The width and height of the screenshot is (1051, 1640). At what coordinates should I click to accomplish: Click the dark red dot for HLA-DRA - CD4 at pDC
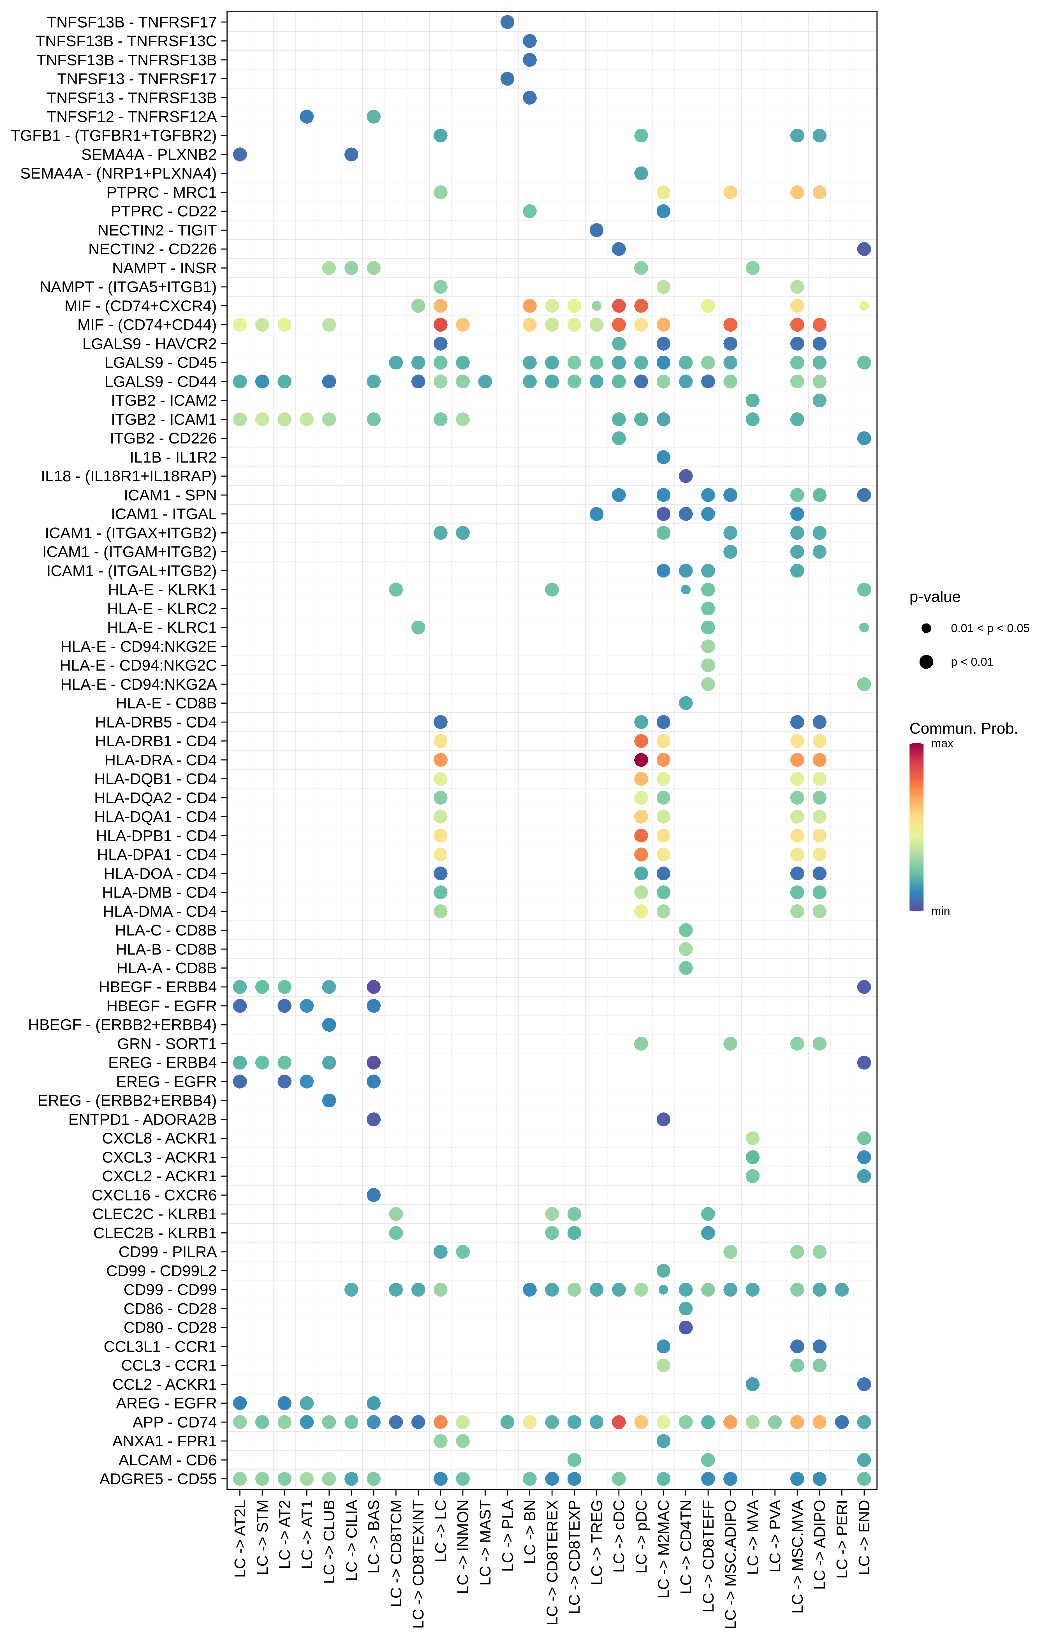pyautogui.click(x=641, y=760)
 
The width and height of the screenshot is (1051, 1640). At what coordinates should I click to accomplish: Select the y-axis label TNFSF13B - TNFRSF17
pyautogui.click(x=132, y=22)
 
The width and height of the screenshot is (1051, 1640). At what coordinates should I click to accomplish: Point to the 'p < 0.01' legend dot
pyautogui.click(x=926, y=661)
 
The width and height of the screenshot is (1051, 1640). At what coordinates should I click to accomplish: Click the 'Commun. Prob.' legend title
pyautogui.click(x=963, y=728)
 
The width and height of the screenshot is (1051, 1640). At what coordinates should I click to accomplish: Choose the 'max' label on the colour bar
pyautogui.click(x=942, y=743)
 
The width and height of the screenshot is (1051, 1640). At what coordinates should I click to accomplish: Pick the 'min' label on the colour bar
pyautogui.click(x=941, y=911)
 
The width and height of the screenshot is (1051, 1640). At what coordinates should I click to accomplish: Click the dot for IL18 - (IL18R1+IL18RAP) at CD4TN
pyautogui.click(x=686, y=476)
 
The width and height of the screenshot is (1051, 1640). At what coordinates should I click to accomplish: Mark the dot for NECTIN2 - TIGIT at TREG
pyautogui.click(x=596, y=230)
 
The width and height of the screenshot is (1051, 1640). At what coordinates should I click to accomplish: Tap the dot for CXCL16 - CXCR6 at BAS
pyautogui.click(x=373, y=1194)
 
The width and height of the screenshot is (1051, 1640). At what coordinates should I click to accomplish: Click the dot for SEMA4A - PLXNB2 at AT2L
pyautogui.click(x=240, y=154)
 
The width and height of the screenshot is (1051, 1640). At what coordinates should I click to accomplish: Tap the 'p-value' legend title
pyautogui.click(x=934, y=597)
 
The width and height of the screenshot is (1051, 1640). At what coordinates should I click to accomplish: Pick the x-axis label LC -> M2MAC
pyautogui.click(x=663, y=1549)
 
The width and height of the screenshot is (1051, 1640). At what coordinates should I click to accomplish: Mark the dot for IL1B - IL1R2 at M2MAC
pyautogui.click(x=663, y=457)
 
